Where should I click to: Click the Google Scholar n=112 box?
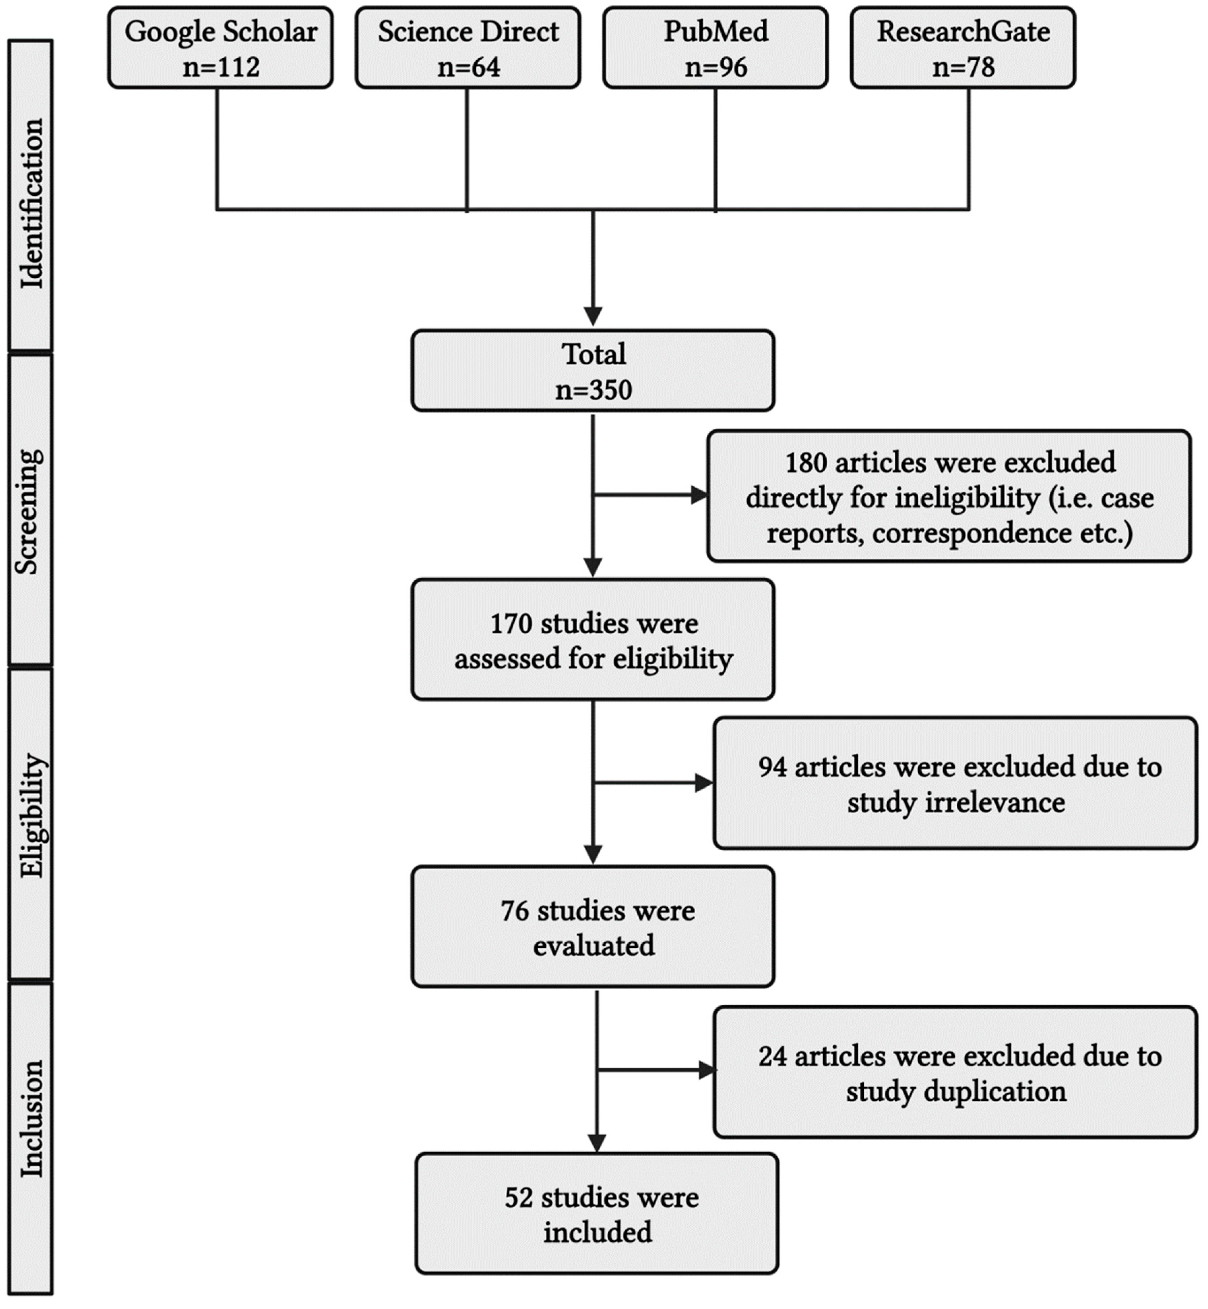220,48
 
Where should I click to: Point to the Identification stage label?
31,203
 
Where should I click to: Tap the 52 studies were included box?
597,1214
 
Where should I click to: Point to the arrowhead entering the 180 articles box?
699,495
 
